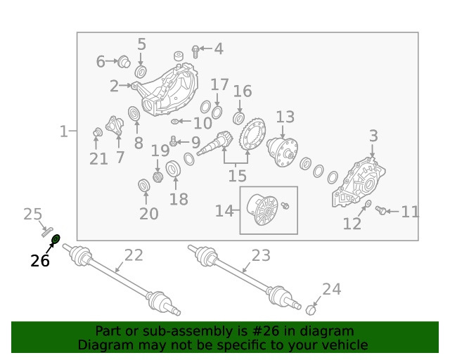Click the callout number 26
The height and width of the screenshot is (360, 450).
[x=40, y=261]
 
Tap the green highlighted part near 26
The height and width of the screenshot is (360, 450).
[x=56, y=239]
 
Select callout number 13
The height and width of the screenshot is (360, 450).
[x=285, y=117]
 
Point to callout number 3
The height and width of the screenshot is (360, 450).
[x=373, y=136]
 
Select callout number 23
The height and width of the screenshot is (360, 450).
[x=261, y=255]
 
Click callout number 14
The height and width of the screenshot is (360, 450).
[x=224, y=210]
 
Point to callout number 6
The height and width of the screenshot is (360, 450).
[x=100, y=62]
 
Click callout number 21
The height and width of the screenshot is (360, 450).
[x=99, y=160]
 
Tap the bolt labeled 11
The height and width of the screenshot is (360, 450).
[x=382, y=210]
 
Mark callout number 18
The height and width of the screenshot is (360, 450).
[x=179, y=199]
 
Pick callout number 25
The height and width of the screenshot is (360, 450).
[x=33, y=214]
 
